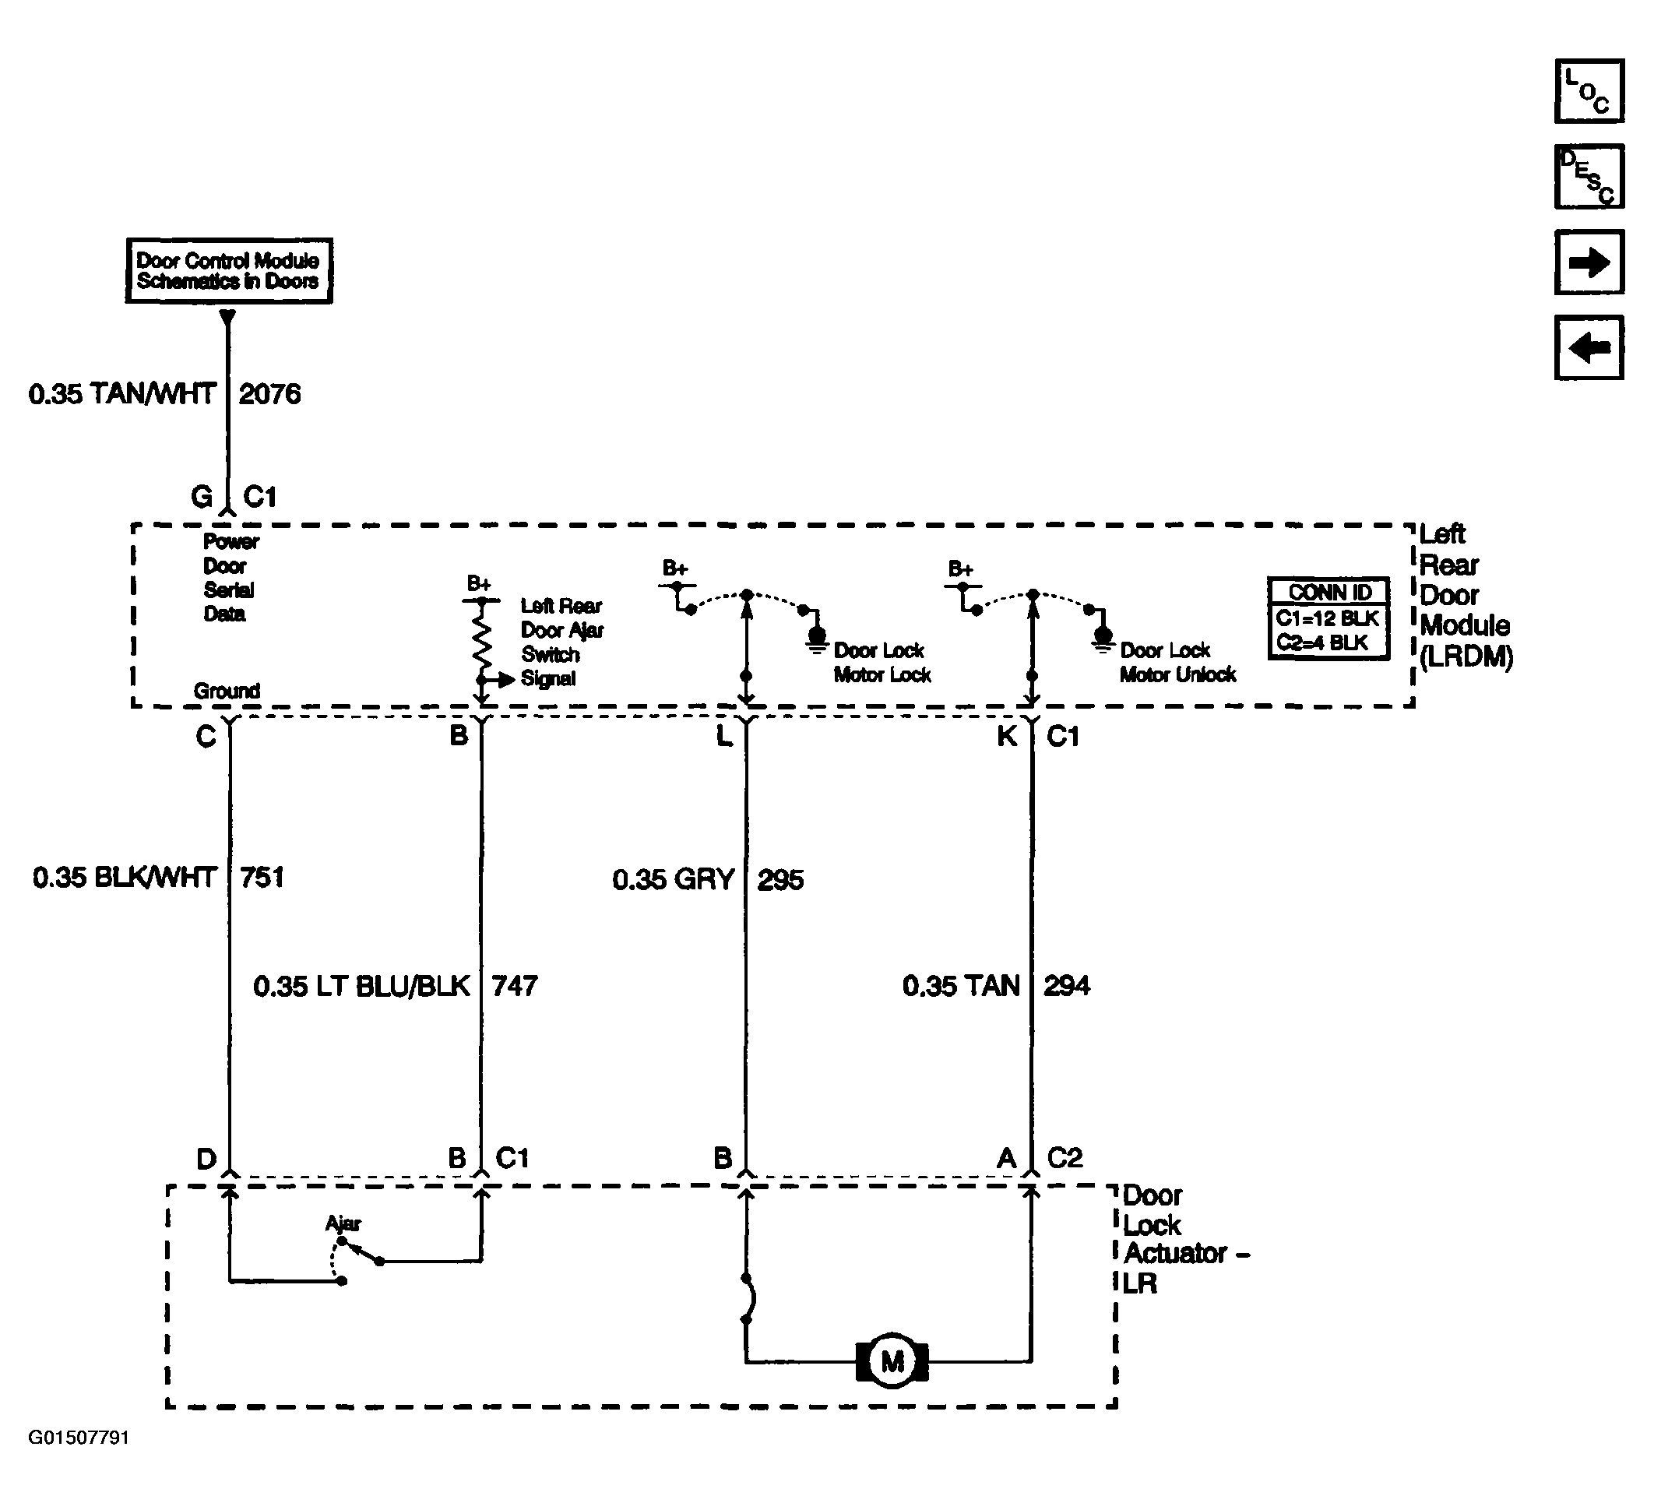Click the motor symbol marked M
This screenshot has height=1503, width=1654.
(x=892, y=1361)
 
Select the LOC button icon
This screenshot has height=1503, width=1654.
(x=1589, y=91)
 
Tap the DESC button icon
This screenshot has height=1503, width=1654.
(x=1589, y=177)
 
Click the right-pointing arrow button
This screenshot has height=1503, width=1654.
(x=1589, y=262)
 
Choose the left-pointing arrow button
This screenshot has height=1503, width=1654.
(x=1589, y=347)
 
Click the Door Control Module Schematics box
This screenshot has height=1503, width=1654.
(x=229, y=271)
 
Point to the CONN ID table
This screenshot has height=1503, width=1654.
(x=1328, y=618)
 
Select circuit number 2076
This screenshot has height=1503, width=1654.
(x=270, y=395)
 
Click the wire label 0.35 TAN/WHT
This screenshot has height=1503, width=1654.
(x=122, y=395)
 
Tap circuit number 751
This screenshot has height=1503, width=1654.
(x=262, y=878)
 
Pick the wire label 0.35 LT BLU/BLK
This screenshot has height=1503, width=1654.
(x=362, y=986)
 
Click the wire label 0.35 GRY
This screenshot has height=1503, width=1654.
(x=674, y=880)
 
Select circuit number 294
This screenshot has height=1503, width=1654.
(x=1067, y=986)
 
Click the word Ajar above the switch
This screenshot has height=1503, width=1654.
(x=343, y=1224)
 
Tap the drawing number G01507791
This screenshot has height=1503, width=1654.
(x=79, y=1438)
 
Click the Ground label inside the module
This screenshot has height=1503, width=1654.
(x=227, y=691)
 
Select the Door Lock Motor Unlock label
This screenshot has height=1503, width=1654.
(x=1177, y=662)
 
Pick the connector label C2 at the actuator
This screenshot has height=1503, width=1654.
(x=1065, y=1157)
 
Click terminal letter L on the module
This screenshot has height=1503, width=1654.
(x=723, y=736)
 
